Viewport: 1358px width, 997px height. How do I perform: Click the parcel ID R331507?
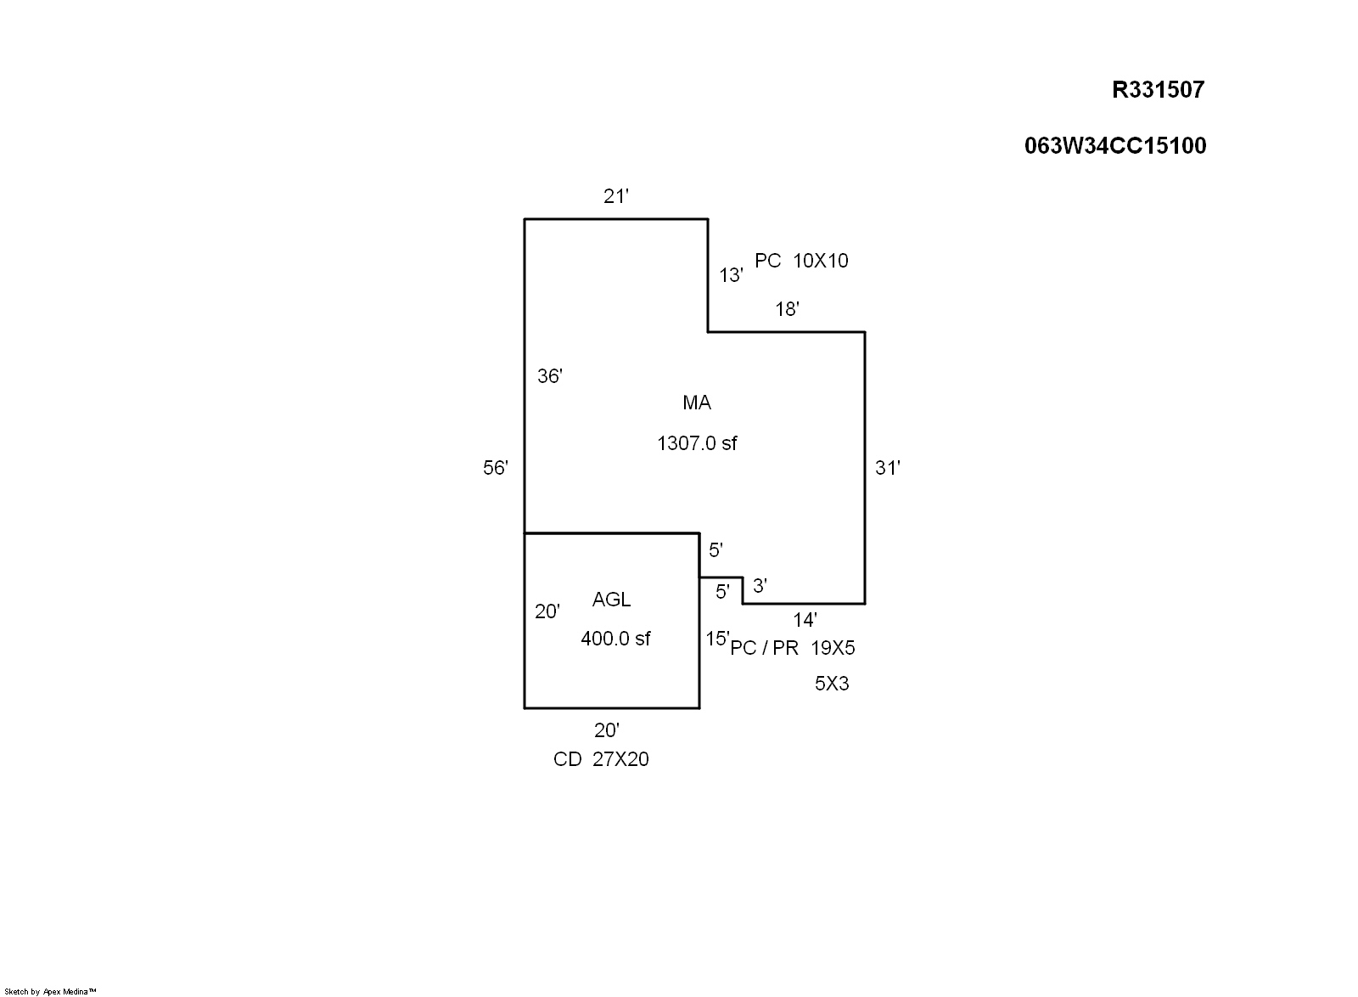[1158, 90]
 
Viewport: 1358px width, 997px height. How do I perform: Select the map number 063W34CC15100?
[1115, 145]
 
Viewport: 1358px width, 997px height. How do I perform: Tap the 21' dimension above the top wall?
[616, 196]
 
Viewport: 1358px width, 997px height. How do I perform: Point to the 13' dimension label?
[731, 275]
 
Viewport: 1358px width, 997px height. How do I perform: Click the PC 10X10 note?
[801, 261]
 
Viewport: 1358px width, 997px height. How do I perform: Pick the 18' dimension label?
[787, 309]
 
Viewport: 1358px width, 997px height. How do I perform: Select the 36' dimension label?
[550, 376]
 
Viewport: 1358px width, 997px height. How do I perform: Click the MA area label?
[697, 403]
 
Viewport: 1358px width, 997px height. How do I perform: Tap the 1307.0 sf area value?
[697, 443]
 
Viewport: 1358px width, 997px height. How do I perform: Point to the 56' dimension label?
[496, 468]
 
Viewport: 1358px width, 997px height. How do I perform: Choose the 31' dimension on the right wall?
[888, 468]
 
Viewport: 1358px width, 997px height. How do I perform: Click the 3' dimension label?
[760, 585]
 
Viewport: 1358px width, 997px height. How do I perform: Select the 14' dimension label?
[805, 619]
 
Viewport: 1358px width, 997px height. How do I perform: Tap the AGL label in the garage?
[611, 600]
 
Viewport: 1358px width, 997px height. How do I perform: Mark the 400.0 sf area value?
[615, 639]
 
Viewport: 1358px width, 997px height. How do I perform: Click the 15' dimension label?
[717, 638]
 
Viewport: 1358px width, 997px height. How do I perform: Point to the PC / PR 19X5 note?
[793, 648]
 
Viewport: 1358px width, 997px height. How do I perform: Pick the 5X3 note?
[832, 684]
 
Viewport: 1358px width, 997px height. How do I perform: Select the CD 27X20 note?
[601, 759]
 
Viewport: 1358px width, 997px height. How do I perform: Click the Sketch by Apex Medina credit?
[50, 992]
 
